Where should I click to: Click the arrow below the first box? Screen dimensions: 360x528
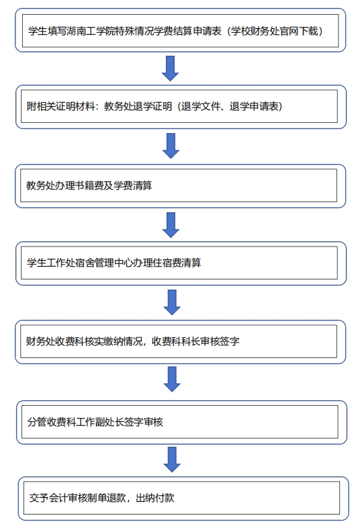pos(171,69)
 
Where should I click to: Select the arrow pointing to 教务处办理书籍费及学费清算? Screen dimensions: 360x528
pos(171,146)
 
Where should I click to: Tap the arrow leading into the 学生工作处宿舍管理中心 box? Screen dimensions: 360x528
pos(171,225)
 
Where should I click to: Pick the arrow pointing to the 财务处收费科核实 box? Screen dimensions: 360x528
pos(172,302)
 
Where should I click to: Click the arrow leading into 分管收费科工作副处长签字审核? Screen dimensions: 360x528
pos(172,379)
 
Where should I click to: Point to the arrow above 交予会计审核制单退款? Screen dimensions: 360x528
pos(172,459)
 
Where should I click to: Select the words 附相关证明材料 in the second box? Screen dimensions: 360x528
pos(60,106)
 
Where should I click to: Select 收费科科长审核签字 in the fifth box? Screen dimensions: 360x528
pos(195,341)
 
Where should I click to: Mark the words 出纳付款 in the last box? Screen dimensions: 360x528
pos(155,498)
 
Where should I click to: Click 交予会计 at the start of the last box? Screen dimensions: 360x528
pos(48,498)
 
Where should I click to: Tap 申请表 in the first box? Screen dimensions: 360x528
pos(207,32)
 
